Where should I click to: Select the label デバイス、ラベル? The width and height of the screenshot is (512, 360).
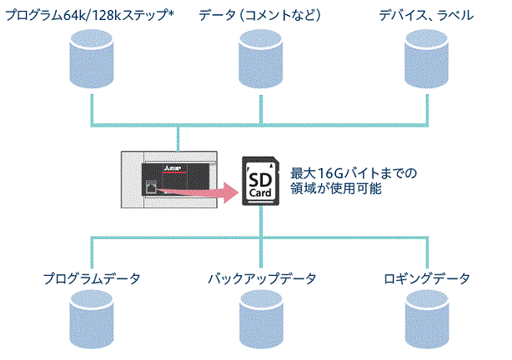(425, 15)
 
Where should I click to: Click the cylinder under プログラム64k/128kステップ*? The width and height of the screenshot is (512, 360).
(91, 57)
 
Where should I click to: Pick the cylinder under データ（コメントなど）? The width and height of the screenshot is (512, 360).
(260, 57)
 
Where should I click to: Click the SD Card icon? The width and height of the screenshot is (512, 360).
(260, 182)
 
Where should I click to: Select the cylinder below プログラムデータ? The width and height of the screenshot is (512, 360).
(91, 320)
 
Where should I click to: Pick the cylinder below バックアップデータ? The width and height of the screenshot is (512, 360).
(260, 320)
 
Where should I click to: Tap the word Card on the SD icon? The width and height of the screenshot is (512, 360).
(260, 194)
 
